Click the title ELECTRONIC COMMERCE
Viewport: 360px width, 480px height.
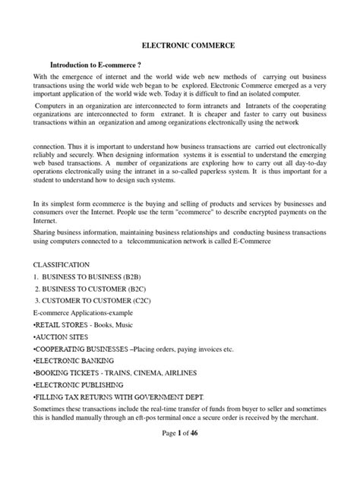pyautogui.click(x=180, y=46)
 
